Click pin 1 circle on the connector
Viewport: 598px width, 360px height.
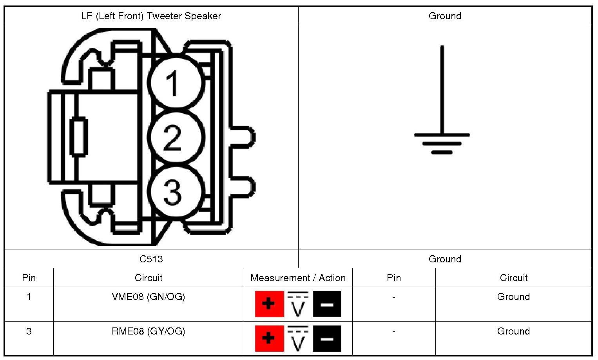(176, 83)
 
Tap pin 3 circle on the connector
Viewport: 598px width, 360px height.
(176, 191)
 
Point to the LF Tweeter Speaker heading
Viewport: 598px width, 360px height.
(151, 16)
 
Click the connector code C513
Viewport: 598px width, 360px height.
(151, 259)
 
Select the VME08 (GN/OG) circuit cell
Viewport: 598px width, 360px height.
(148, 297)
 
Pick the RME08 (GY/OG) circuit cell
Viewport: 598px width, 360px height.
(148, 331)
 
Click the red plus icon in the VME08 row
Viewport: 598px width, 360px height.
(269, 304)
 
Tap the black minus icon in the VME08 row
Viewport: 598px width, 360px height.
(327, 304)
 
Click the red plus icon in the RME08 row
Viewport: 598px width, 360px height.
(269, 338)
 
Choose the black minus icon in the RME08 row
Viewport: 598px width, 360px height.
(327, 338)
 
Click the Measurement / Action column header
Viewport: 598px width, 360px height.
(298, 278)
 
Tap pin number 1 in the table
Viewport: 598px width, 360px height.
(29, 297)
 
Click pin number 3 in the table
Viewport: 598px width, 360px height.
(29, 331)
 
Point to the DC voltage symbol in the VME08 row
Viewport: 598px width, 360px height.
(298, 304)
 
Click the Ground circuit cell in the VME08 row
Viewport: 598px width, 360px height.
(513, 297)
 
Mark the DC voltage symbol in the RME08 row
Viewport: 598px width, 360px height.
(298, 338)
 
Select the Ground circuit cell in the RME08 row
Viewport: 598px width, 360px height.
(513, 331)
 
